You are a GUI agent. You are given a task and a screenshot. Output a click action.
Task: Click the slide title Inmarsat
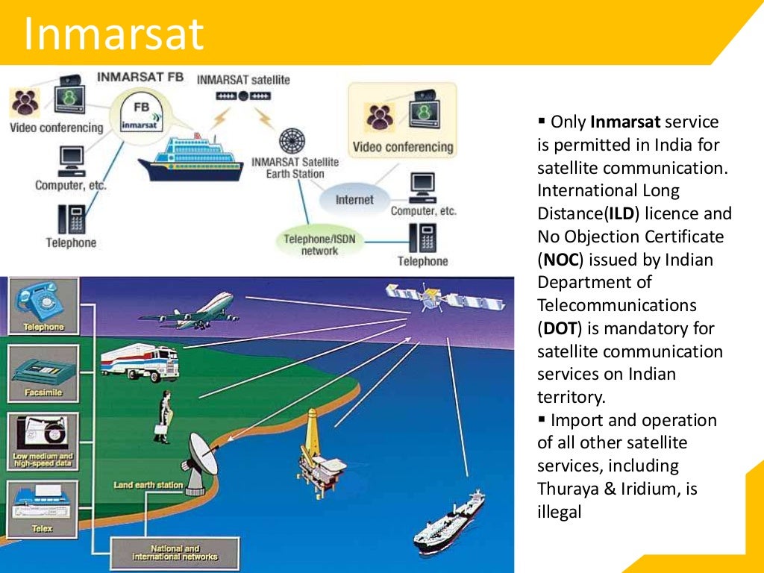click(x=113, y=33)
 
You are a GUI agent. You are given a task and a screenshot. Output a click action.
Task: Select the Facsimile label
click(x=43, y=392)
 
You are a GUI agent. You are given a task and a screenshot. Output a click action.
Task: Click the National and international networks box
click(x=175, y=553)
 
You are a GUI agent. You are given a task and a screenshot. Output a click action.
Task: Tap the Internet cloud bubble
click(x=354, y=200)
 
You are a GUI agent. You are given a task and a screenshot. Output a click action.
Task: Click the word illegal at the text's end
click(x=559, y=512)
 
